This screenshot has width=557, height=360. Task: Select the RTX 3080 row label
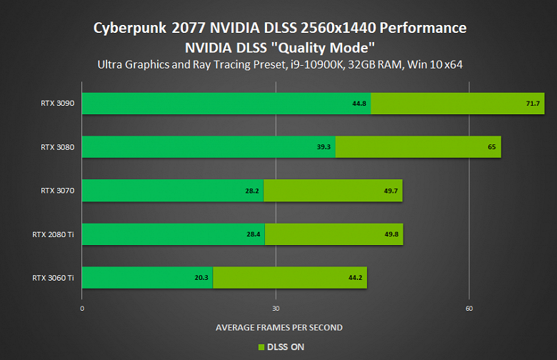[57, 147]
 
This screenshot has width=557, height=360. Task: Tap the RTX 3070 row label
[57, 191]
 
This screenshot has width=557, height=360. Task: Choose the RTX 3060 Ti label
[54, 277]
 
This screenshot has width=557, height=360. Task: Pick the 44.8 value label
[359, 104]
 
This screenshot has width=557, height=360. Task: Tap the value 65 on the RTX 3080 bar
[492, 147]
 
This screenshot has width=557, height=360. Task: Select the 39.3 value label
[324, 147]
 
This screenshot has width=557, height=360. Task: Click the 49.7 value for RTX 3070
[392, 191]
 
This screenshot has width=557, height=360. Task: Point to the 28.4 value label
[254, 234]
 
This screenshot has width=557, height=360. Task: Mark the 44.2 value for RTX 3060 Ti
[356, 278]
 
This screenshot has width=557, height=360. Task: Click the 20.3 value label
[201, 278]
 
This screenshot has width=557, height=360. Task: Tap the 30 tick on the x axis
[276, 309]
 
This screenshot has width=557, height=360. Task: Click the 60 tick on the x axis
[468, 309]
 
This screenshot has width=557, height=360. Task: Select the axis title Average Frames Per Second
[278, 327]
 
